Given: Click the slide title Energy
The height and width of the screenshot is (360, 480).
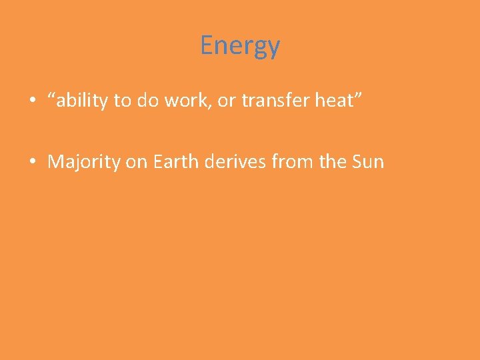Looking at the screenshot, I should tap(240, 46).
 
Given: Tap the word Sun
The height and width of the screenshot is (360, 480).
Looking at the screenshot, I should tap(369, 162).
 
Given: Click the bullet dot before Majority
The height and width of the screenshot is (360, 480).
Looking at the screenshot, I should tap(32, 163).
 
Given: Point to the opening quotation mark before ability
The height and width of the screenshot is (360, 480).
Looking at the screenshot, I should tap(51, 97).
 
